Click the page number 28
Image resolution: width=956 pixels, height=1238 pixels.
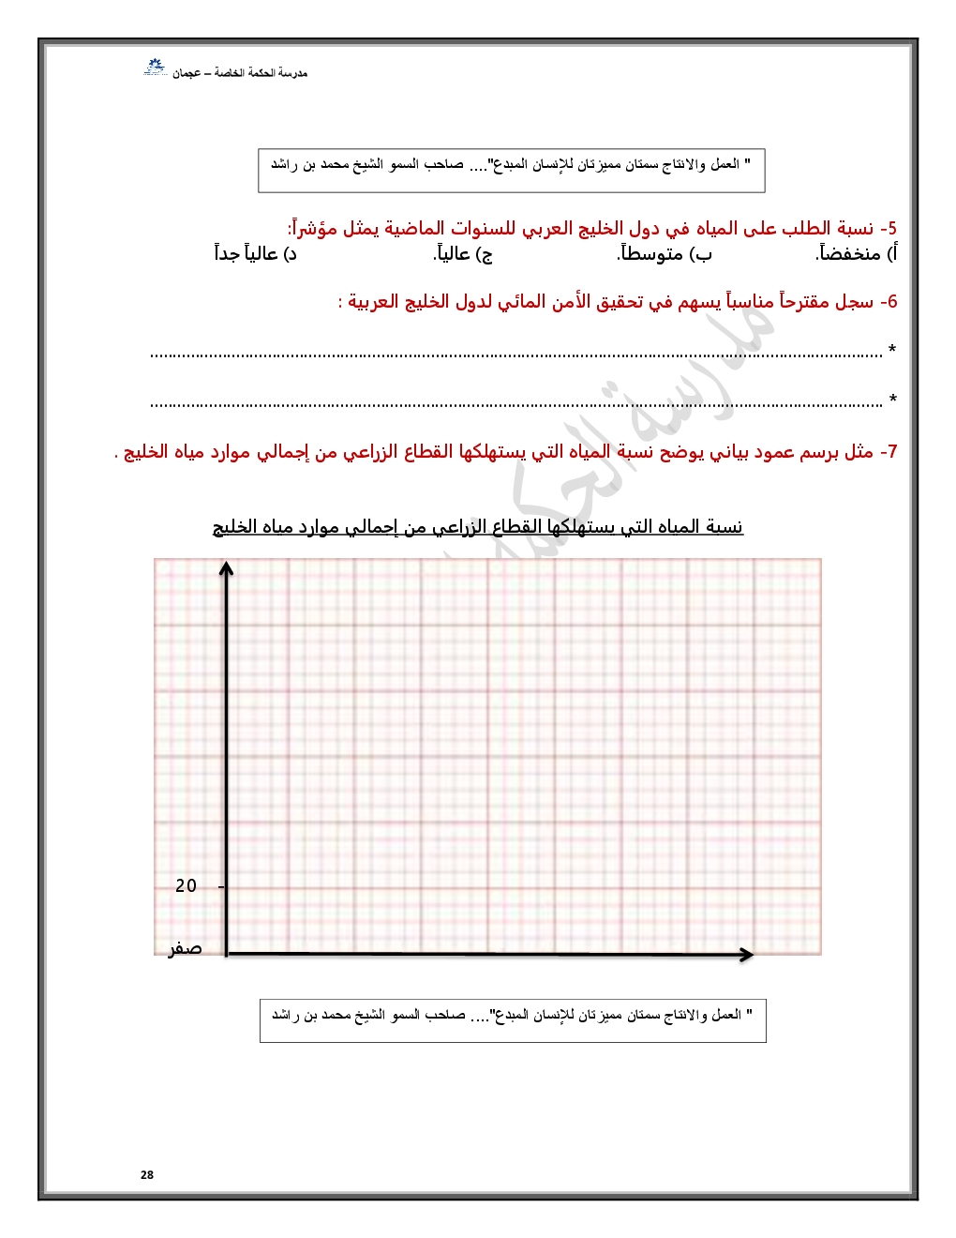click(x=147, y=1174)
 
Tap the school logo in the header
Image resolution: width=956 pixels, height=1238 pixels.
click(x=154, y=68)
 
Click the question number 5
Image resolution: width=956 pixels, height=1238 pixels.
click(x=888, y=229)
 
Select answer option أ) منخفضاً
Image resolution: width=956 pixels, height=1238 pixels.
click(x=857, y=253)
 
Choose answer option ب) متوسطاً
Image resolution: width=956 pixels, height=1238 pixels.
click(x=665, y=253)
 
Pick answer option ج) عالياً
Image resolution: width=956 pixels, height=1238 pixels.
click(x=463, y=253)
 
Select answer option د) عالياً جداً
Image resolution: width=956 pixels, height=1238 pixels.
click(x=255, y=253)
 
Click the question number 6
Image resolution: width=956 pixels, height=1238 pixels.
click(x=889, y=302)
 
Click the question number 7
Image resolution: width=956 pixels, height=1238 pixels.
click(x=889, y=452)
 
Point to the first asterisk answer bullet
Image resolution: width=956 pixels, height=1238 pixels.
click(x=892, y=351)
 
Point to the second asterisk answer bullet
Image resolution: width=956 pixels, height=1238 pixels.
click(x=892, y=400)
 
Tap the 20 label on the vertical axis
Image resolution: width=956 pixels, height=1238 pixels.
click(x=187, y=885)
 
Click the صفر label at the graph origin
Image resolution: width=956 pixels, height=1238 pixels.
click(x=185, y=948)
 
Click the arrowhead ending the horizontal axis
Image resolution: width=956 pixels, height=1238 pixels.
click(x=747, y=954)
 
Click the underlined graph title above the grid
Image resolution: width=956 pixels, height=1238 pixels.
click(x=478, y=527)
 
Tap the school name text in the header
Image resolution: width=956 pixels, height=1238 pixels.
click(x=240, y=73)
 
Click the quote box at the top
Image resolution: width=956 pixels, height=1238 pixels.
click(x=512, y=170)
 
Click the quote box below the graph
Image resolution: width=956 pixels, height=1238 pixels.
click(x=513, y=1020)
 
